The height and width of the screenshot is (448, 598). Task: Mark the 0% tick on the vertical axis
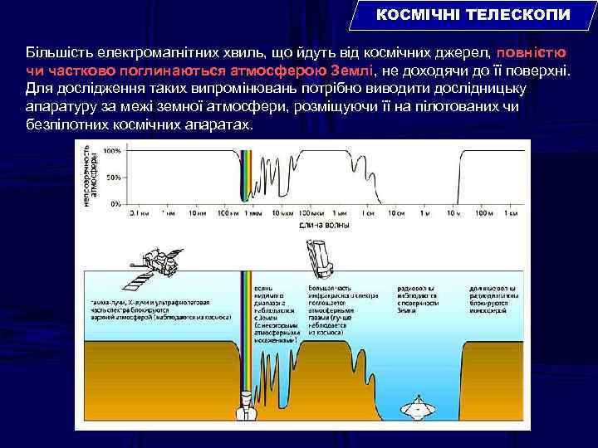(x=115, y=203)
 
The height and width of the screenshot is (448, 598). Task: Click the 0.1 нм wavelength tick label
(x=138, y=214)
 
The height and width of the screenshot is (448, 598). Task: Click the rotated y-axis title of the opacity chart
(x=91, y=177)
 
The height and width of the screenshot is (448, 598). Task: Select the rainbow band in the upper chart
(x=245, y=178)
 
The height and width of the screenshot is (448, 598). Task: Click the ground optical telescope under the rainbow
(x=246, y=405)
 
